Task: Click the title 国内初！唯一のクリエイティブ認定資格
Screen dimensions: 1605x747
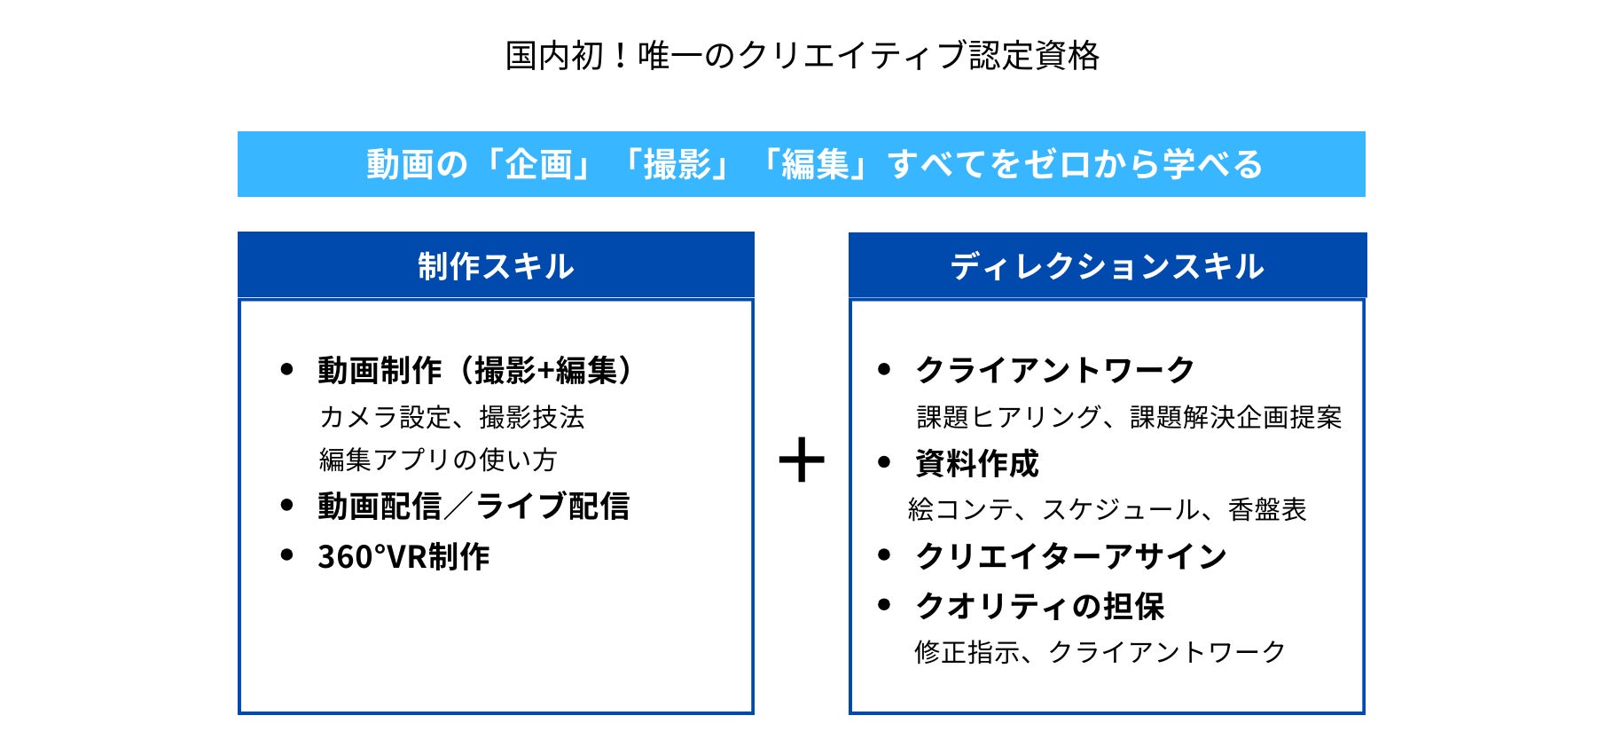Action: coord(802,56)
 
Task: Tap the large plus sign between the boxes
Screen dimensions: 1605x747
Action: coord(802,460)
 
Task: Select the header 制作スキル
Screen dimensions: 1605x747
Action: coord(496,266)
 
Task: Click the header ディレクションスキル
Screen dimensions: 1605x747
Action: coord(1107,266)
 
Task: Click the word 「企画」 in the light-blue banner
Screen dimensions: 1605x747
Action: coord(539,165)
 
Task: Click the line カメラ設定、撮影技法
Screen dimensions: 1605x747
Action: coord(451,417)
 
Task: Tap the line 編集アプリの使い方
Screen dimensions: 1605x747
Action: coord(438,460)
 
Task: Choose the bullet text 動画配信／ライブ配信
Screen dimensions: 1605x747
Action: coord(474,507)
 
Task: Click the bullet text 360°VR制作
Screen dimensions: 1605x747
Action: coord(403,557)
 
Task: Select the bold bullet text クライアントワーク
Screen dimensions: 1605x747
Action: coord(1055,370)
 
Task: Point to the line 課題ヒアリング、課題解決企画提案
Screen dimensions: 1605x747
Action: coord(1129,417)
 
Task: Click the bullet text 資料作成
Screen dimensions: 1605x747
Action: coord(976,463)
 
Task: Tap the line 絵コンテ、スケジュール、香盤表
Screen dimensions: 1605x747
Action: coord(1108,509)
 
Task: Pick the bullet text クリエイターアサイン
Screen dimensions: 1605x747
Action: coord(1071,556)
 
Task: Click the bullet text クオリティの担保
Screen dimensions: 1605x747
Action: coord(1039,607)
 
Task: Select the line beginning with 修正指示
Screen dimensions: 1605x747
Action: coord(1100,652)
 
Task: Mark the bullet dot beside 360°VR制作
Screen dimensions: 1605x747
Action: coord(286,555)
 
